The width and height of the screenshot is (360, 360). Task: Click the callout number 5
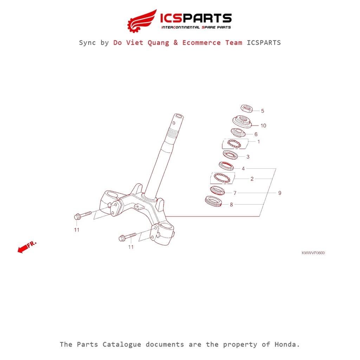coord(262,111)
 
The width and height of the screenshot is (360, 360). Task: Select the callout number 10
coord(263,126)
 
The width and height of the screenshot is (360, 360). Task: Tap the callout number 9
coord(279,193)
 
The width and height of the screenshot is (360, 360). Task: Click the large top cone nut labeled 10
coord(242,122)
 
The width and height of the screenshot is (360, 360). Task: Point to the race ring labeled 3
coord(231,155)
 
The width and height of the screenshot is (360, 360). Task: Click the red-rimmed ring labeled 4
coord(227,166)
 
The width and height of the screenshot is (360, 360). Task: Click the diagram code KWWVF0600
coord(313,253)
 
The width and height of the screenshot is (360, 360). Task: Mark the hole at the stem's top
coord(178,116)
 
